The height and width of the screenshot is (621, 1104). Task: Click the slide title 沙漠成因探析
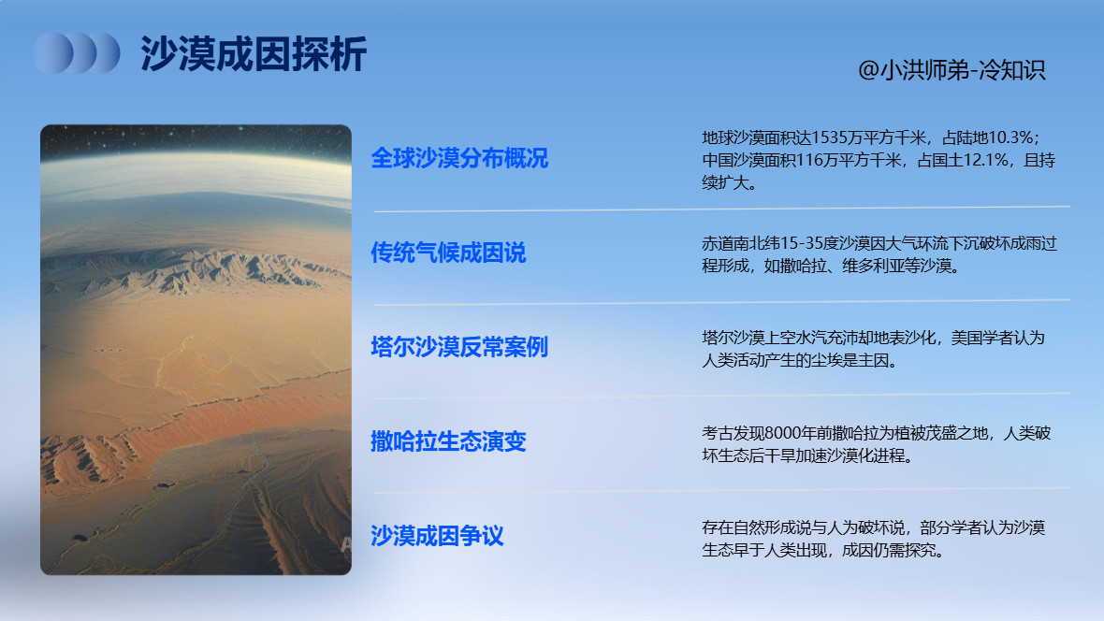tap(253, 54)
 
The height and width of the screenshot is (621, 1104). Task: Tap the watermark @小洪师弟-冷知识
tap(951, 71)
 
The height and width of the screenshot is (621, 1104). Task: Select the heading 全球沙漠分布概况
tap(459, 158)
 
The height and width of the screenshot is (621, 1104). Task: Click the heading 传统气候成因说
tap(448, 253)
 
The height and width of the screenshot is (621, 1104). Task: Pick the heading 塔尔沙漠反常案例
tap(459, 348)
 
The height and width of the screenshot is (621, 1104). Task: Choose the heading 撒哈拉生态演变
tap(448, 441)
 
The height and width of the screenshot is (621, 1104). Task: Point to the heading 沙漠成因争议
tap(437, 536)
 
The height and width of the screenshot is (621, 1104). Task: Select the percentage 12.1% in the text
tap(985, 161)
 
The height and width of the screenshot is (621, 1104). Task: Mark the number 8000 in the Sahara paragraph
tap(783, 433)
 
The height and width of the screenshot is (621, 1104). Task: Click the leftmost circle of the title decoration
tap(52, 53)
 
